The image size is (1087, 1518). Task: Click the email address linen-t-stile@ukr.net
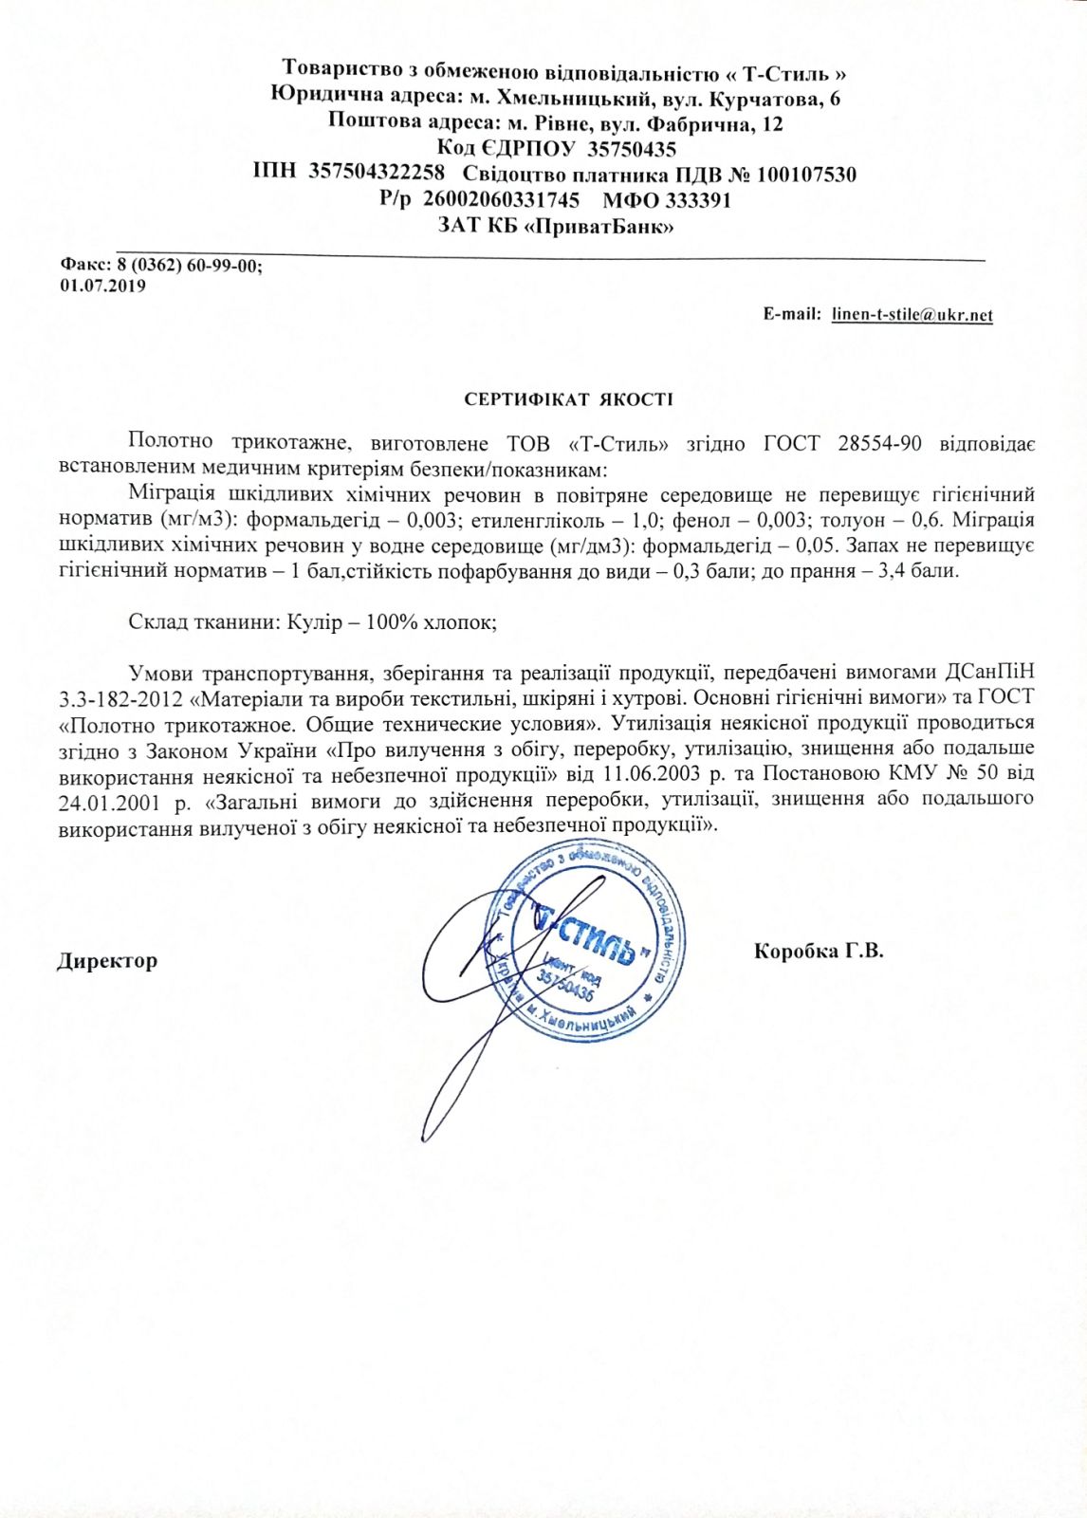coord(912,315)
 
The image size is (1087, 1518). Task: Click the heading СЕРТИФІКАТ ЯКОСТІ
coord(568,399)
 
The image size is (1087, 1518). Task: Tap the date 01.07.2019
coord(102,286)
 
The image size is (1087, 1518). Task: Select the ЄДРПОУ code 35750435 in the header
coord(632,149)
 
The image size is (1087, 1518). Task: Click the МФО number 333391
coord(698,201)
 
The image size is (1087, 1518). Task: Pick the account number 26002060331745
coord(500,201)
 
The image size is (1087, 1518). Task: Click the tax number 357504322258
coord(377,175)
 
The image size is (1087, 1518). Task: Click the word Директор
coord(107,961)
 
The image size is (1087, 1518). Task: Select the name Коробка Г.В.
coord(819,951)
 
